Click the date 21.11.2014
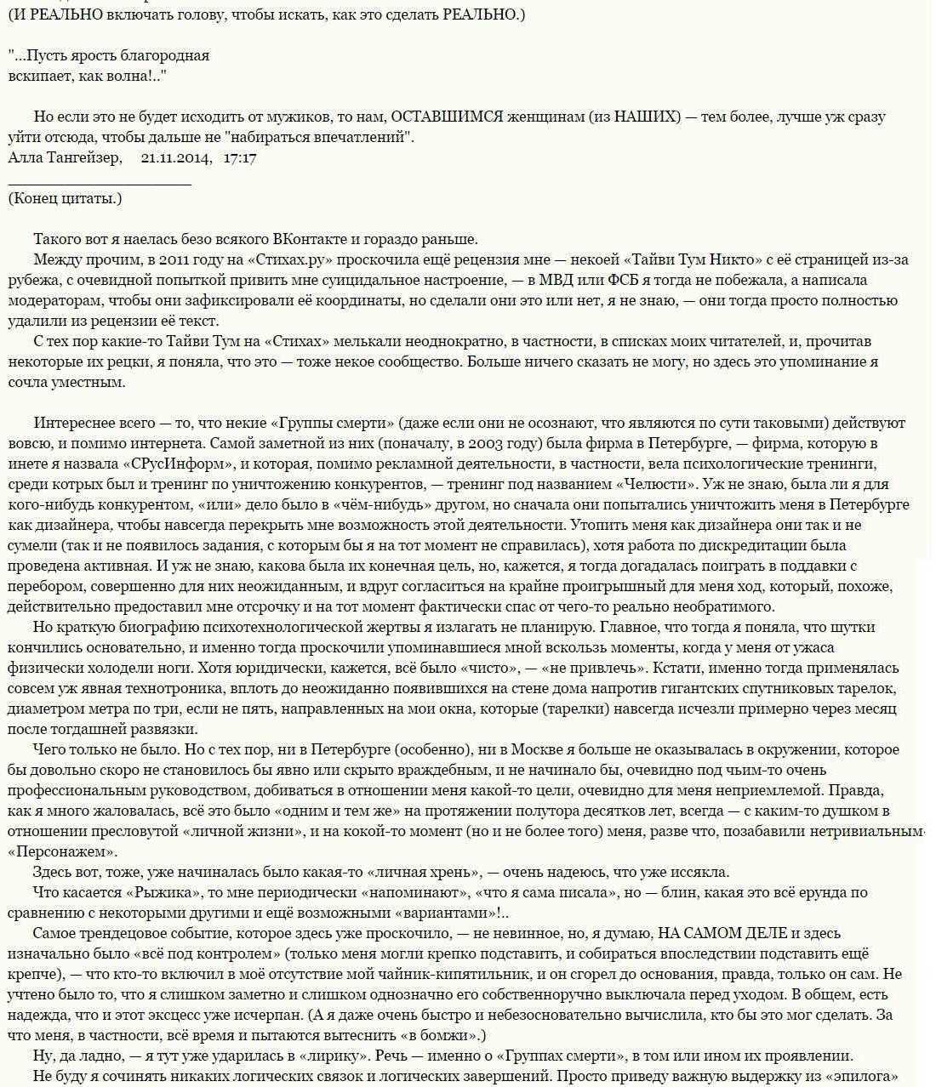coord(176,157)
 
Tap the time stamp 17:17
coord(240,157)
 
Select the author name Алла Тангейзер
coord(65,157)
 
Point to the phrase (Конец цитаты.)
coord(65,198)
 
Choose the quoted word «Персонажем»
coord(62,851)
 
